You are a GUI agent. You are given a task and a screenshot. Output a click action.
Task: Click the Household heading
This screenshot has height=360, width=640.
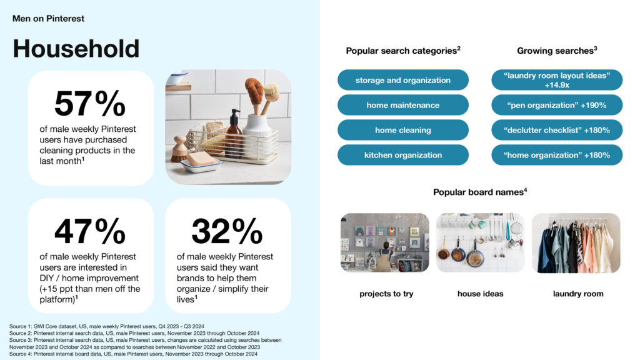[76, 49]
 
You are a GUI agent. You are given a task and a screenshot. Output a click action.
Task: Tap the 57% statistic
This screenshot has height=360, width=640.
[90, 104]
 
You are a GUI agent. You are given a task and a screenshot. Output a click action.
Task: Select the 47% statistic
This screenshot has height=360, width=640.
[90, 231]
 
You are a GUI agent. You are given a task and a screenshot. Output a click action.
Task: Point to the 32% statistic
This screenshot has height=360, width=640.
[227, 231]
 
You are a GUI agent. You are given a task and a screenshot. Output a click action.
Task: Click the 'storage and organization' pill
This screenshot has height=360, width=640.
[403, 80]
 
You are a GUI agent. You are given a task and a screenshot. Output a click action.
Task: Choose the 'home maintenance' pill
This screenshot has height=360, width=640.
[403, 105]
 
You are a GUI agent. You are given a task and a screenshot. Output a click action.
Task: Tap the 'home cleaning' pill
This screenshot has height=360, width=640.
[403, 130]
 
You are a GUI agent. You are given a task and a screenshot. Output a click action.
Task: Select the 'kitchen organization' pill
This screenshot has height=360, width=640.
[403, 155]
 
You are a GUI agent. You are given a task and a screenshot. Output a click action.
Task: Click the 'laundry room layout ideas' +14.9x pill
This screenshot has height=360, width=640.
[557, 80]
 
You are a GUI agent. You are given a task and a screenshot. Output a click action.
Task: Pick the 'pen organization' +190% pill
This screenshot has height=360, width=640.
[557, 105]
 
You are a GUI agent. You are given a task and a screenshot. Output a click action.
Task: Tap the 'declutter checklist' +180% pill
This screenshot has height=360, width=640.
[557, 130]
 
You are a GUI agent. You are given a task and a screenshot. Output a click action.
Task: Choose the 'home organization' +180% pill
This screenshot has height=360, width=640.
[557, 155]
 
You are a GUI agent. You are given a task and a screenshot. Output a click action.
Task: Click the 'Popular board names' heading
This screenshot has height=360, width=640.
[480, 192]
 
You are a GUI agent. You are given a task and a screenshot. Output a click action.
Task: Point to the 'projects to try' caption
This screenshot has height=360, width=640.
[386, 294]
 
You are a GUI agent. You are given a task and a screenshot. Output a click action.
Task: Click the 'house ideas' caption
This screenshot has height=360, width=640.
[481, 294]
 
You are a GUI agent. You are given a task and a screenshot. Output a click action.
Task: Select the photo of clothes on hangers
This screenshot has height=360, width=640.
[576, 243]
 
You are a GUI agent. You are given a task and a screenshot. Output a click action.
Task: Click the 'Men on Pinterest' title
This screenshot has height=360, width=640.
[48, 18]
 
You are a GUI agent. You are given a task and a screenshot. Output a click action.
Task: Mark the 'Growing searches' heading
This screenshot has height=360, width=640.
[557, 51]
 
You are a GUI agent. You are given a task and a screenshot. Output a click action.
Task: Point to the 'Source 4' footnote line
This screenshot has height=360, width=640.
[134, 354]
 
